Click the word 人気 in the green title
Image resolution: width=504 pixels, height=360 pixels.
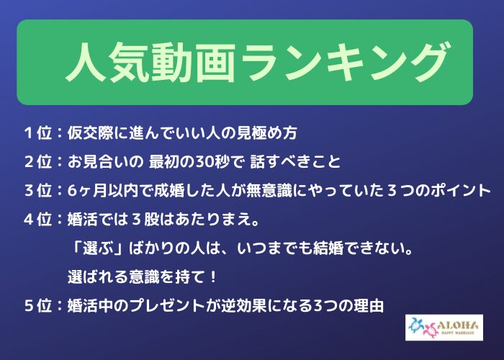coord(107,62)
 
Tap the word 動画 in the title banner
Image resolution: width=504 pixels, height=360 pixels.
coord(194,62)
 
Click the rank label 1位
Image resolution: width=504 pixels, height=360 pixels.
coord(38,132)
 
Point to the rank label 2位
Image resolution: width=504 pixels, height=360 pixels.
coord(38,161)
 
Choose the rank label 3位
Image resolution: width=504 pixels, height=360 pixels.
coord(38,190)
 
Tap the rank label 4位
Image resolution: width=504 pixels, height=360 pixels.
coord(38,219)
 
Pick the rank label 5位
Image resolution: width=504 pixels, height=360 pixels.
coord(38,305)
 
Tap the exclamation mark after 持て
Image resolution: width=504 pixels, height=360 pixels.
coord(212,276)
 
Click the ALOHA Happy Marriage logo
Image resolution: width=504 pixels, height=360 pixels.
coord(444,328)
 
